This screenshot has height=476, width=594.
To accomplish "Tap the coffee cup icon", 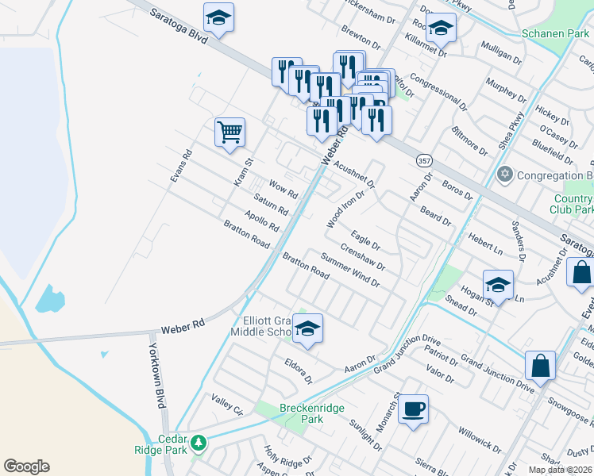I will coord(413,409).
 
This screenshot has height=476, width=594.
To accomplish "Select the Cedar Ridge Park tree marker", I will coord(199,442).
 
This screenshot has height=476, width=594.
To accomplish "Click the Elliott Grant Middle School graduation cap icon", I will coord(307,328).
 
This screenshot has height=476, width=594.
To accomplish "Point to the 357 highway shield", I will coord(424,160).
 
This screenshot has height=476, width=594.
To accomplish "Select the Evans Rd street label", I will coord(181,167).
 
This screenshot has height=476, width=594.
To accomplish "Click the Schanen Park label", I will coord(556,34).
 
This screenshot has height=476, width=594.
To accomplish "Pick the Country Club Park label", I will coord(571,205).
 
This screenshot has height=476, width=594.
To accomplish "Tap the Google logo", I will coord(26,466).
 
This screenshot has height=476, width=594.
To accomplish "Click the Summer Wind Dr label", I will coord(350,270).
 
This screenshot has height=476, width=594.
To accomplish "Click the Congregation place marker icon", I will coord(503,174).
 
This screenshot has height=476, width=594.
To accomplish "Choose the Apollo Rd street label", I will coord(262,221).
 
